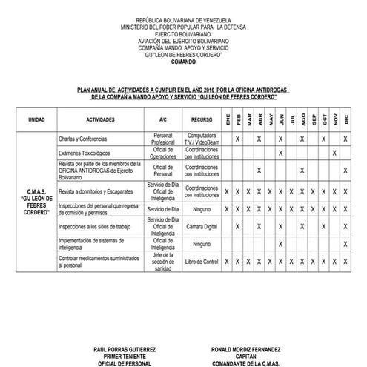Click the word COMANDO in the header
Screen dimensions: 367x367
tap(184, 62)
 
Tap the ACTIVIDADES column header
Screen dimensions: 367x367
tap(100, 119)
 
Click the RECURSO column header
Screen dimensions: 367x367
tap(201, 119)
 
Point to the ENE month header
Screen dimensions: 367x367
tap(227, 119)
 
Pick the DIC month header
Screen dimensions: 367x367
tap(346, 119)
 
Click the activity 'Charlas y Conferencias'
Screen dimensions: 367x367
tap(82, 139)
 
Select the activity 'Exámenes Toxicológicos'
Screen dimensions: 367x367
tap(84, 153)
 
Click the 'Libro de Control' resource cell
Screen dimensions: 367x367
tap(201, 261)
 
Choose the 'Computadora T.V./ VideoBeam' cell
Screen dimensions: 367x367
tap(201, 139)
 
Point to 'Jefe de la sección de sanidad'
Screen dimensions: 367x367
tap(162, 261)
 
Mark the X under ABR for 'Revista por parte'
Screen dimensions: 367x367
tap(259, 171)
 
